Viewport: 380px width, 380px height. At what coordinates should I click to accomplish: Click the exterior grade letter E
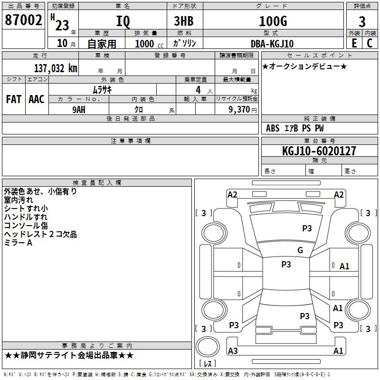click(354, 43)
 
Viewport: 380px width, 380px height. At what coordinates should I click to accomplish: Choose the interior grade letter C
click(370, 43)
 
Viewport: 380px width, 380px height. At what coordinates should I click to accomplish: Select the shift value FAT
click(13, 99)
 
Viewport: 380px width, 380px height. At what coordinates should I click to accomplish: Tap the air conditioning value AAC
click(36, 99)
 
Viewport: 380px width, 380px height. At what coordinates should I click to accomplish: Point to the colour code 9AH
click(78, 109)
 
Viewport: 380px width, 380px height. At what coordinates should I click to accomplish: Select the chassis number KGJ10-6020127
click(319, 151)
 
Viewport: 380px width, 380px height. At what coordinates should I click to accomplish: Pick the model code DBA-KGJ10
click(271, 43)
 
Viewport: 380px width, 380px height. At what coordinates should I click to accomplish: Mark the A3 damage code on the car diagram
click(233, 351)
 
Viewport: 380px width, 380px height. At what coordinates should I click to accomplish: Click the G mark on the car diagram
click(300, 250)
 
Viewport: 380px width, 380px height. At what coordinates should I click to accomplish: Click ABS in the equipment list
click(273, 128)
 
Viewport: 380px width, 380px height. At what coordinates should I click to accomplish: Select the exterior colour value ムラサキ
click(102, 90)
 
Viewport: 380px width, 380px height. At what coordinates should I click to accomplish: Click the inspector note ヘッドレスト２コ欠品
click(40, 234)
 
